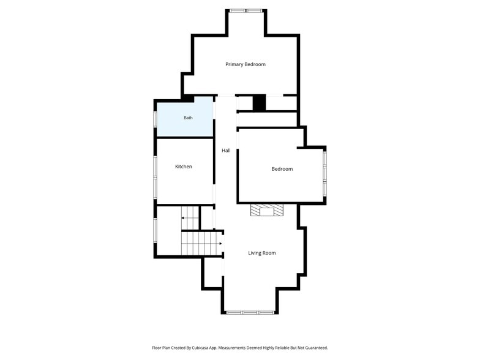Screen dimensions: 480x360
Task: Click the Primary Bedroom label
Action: click(x=245, y=64)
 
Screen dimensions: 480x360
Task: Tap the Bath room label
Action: click(x=189, y=118)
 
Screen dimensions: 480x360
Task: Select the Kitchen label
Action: click(x=184, y=167)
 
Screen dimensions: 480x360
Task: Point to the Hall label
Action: click(x=226, y=151)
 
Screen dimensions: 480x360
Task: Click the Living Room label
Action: click(x=262, y=253)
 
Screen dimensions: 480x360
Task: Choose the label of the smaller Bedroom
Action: click(x=282, y=169)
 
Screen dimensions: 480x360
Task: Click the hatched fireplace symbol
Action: click(x=267, y=211)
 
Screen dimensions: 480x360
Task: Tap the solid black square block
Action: click(x=259, y=103)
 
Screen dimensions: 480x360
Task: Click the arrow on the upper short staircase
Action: click(x=187, y=218)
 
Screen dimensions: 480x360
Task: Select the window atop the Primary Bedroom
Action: click(x=246, y=11)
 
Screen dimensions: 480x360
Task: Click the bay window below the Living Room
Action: click(x=250, y=312)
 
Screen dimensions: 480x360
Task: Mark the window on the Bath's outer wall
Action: click(x=156, y=118)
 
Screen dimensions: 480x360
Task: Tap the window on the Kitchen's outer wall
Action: click(x=156, y=178)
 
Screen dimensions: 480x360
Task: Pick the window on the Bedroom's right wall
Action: click(x=324, y=173)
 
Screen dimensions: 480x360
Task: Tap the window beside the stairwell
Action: click(x=156, y=230)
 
